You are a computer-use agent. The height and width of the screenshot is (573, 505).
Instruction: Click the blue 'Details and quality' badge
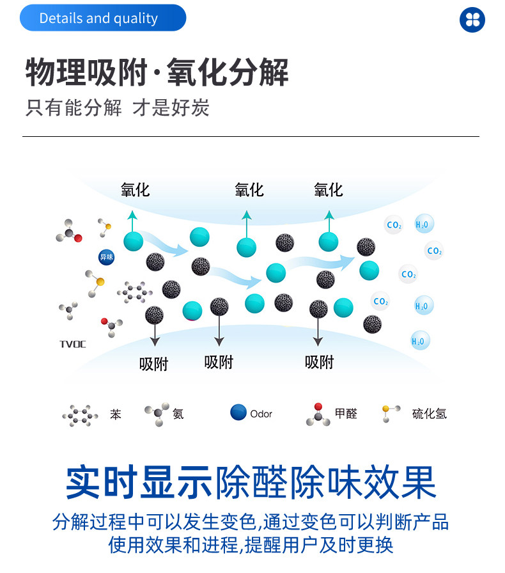(x=102, y=19)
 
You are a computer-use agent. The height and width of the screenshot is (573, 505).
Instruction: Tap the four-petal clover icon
(x=472, y=19)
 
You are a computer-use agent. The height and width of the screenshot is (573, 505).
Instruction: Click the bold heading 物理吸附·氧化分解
(x=157, y=72)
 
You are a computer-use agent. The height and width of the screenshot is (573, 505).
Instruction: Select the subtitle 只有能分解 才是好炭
(x=118, y=107)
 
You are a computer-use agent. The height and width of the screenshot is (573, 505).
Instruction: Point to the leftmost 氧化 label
(x=135, y=189)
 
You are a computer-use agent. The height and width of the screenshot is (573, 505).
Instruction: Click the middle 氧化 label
(x=249, y=189)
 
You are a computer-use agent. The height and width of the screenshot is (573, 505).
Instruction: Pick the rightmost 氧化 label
(x=328, y=189)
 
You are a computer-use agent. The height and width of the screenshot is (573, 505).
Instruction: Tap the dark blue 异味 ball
(x=106, y=257)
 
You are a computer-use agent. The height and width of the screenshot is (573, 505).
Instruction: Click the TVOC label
(x=72, y=344)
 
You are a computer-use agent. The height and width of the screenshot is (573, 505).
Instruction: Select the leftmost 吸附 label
(x=153, y=364)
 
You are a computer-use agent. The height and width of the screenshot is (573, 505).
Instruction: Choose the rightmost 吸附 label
(x=319, y=362)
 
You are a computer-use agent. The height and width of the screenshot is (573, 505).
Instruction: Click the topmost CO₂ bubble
(x=394, y=225)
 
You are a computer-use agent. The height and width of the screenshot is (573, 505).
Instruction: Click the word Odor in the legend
(x=261, y=414)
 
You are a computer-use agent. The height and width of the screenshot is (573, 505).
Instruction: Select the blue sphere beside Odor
(x=238, y=412)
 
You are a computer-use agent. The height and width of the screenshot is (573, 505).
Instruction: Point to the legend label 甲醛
(x=346, y=414)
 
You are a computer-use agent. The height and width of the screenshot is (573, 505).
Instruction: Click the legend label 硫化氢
(x=429, y=414)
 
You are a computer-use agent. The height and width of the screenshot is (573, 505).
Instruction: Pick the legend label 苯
(x=115, y=414)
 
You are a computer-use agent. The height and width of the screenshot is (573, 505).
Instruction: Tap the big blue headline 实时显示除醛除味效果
(x=251, y=483)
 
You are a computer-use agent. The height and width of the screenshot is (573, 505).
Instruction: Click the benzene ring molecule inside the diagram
(x=134, y=292)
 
